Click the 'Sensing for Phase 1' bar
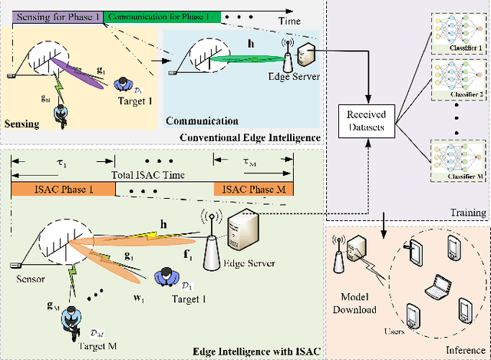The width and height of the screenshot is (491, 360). [x=54, y=16]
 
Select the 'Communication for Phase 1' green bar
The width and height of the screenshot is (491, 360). [x=162, y=16]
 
